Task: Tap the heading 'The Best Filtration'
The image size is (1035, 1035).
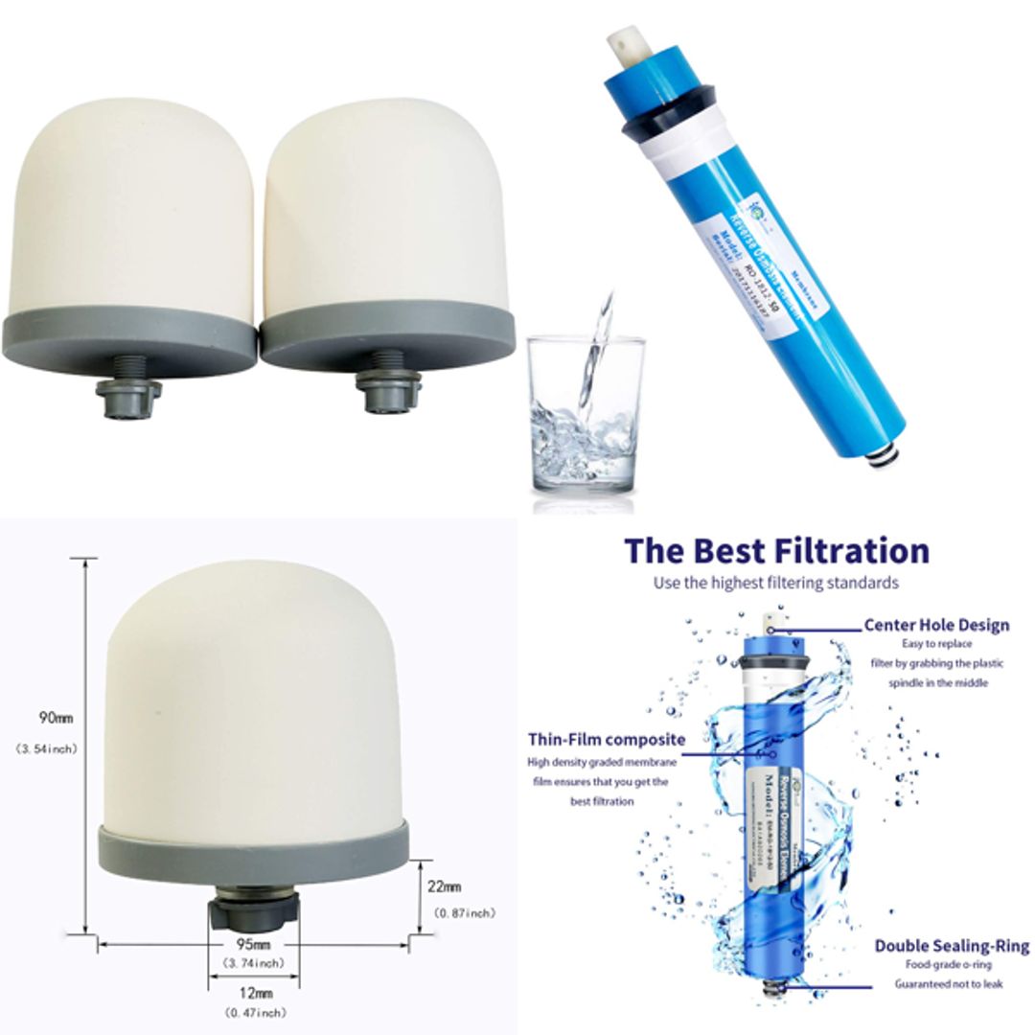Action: pos(776,551)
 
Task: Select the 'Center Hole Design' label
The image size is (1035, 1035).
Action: pos(936,625)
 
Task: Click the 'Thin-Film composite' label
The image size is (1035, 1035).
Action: pos(606,739)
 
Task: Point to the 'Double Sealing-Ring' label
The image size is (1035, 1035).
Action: pos(951,946)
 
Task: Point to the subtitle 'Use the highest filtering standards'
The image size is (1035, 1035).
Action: pos(775,583)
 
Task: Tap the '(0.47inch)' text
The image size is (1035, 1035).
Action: pos(254,1012)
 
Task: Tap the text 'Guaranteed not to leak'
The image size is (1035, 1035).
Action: pos(949,983)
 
